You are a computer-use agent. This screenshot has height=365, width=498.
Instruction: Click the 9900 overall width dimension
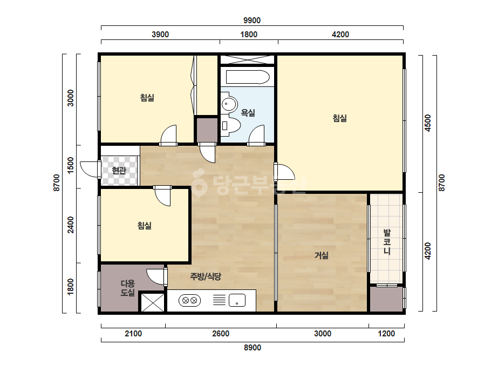(252, 21)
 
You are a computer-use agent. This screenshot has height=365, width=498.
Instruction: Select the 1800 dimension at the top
(249, 35)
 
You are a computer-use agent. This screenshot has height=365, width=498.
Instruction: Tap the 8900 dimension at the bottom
(253, 348)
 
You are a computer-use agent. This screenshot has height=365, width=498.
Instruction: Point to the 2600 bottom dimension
(221, 334)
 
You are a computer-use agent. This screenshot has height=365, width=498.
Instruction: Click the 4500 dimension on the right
(428, 123)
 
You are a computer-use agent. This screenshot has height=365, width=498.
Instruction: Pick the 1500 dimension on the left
(71, 165)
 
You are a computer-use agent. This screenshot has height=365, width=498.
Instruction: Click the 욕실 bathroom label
(248, 112)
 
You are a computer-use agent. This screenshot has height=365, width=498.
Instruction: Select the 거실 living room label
(322, 255)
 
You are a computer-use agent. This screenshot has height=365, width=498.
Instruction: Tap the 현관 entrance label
(119, 171)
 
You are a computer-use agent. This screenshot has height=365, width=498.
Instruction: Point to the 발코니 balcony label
(387, 242)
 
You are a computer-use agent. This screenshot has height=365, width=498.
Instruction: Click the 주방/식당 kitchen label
(206, 276)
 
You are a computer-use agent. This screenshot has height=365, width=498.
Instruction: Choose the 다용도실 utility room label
(128, 288)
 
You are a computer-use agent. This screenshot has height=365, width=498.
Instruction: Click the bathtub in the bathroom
(248, 77)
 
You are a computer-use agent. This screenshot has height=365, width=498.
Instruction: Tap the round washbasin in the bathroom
(229, 104)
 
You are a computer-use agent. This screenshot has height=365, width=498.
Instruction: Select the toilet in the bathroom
(230, 126)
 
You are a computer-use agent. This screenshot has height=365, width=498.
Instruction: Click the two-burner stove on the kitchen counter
(189, 300)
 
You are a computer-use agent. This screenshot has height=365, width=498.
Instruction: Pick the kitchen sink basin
(237, 300)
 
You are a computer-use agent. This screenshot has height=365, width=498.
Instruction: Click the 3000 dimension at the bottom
(323, 334)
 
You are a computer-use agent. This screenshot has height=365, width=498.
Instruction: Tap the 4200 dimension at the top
(340, 35)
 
